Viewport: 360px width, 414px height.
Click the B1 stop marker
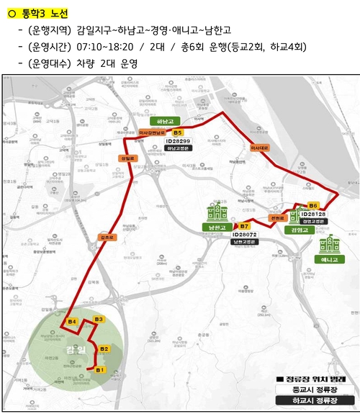pos(100,369)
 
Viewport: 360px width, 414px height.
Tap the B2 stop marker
pos(104,349)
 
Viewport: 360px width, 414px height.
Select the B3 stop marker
pos(99,319)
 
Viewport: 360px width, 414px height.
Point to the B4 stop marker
pos(72,321)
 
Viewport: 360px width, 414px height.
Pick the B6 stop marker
pos(312,205)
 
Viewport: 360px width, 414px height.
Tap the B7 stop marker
pos(244,226)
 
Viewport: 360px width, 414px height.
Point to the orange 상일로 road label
pos(127,158)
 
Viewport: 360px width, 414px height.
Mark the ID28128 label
pos(313,214)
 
